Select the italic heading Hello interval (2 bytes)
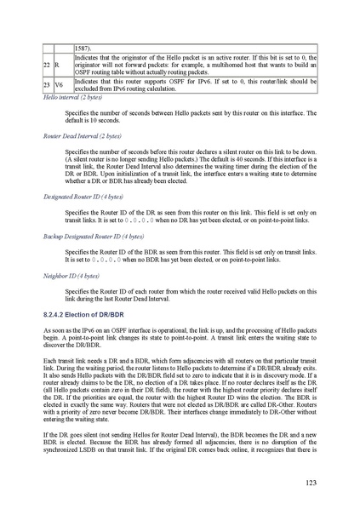pos(72,98)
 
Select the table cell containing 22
pos(48,65)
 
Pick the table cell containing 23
pos(48,86)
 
